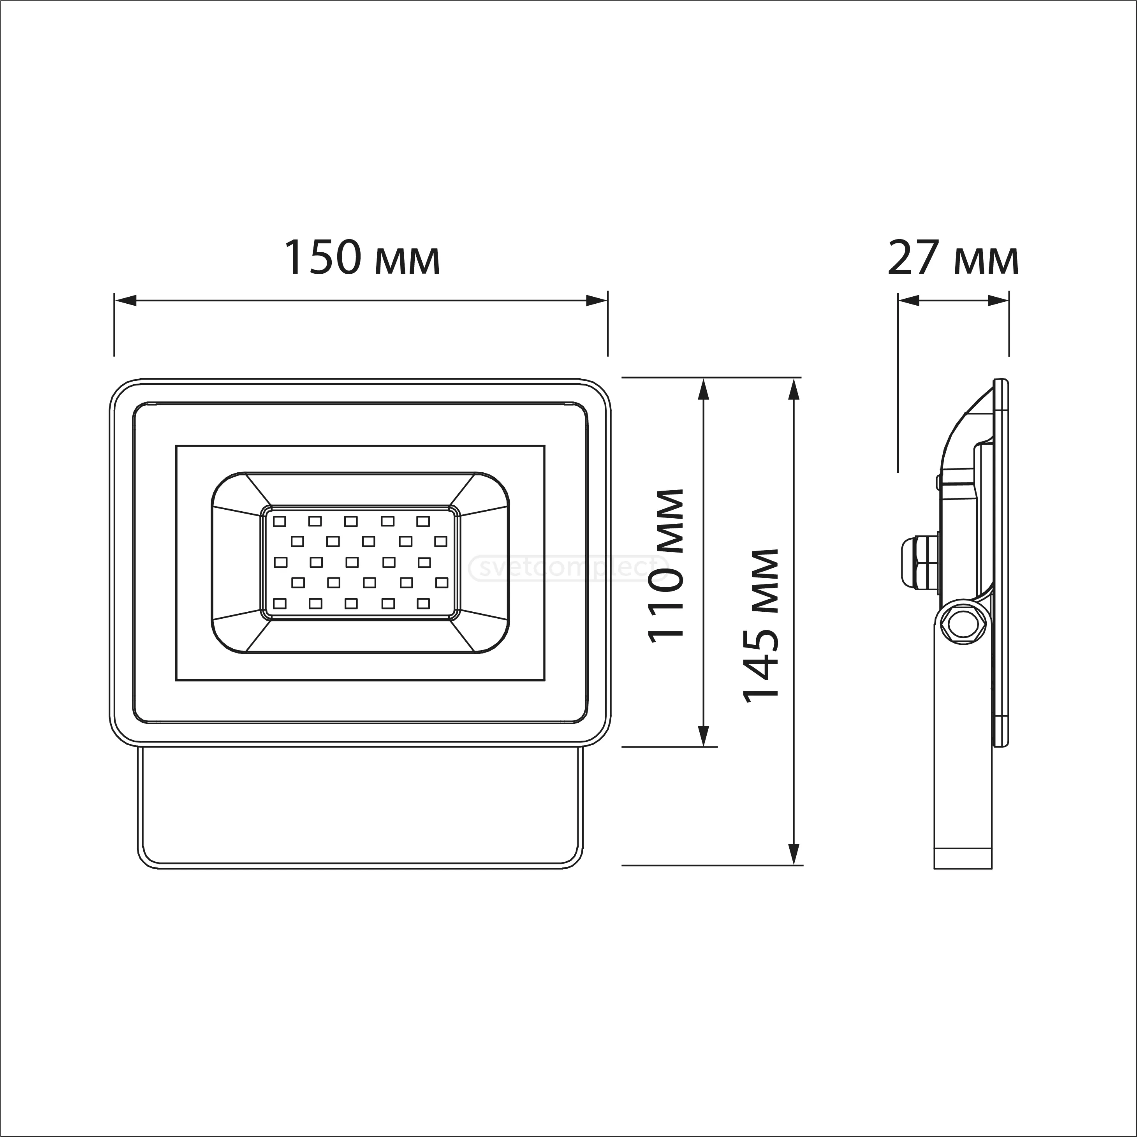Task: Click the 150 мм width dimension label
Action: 362,258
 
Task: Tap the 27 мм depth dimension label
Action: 953,258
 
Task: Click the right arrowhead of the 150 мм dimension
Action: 596,301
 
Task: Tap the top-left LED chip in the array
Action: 280,521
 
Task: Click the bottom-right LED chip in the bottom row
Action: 423,603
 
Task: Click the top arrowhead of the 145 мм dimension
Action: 794,390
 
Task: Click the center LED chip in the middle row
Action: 352,563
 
